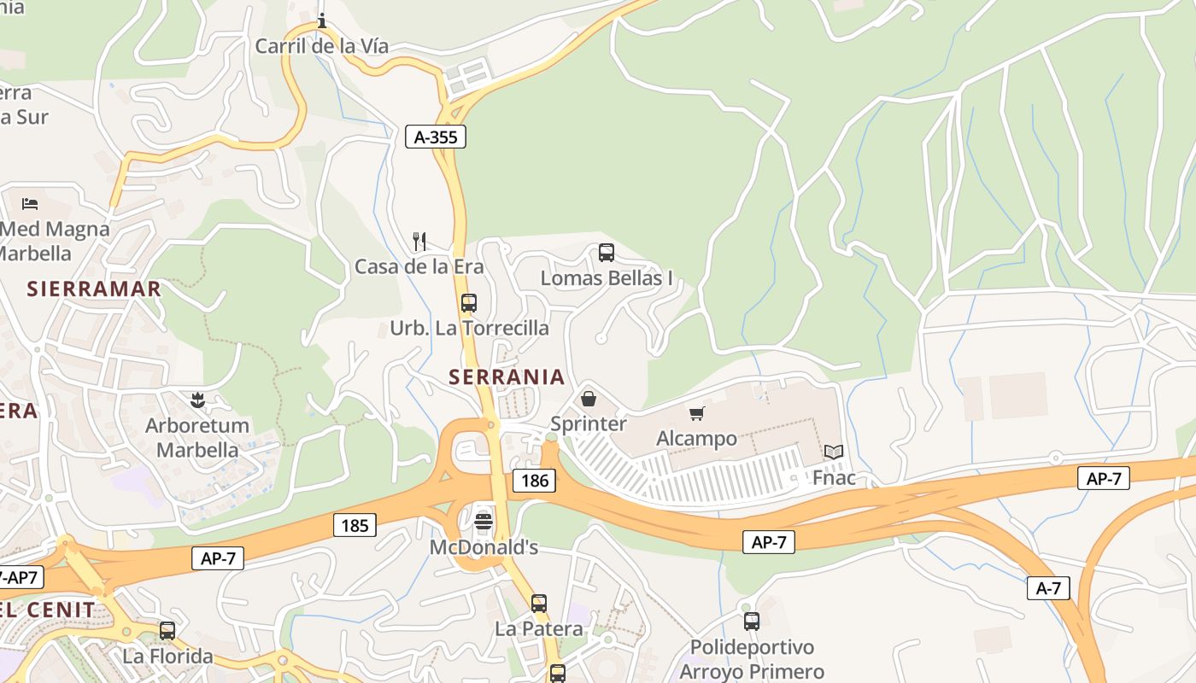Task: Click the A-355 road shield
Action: [x=436, y=137]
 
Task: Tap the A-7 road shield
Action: [x=1048, y=587]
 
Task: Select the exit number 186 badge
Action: [x=534, y=481]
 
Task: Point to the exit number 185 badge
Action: [x=355, y=525]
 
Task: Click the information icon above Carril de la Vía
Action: [x=322, y=20]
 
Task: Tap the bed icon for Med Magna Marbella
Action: [x=30, y=204]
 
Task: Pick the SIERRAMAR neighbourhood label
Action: [x=94, y=289]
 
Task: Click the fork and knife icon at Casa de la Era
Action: [x=419, y=242]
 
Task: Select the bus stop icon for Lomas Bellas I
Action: [x=607, y=253]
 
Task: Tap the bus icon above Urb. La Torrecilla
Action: [x=469, y=303]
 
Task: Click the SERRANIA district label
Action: [x=507, y=377]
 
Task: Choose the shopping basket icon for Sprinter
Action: [x=589, y=399]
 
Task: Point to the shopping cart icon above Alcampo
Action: [x=697, y=414]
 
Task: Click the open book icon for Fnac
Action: [x=834, y=452]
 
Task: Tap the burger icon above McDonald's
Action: [x=484, y=521]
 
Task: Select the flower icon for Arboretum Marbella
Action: [x=197, y=400]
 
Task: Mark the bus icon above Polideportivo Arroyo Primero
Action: [x=752, y=622]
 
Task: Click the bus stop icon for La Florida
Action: [x=167, y=631]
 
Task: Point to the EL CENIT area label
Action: [x=48, y=610]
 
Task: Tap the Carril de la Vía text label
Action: [x=322, y=46]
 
